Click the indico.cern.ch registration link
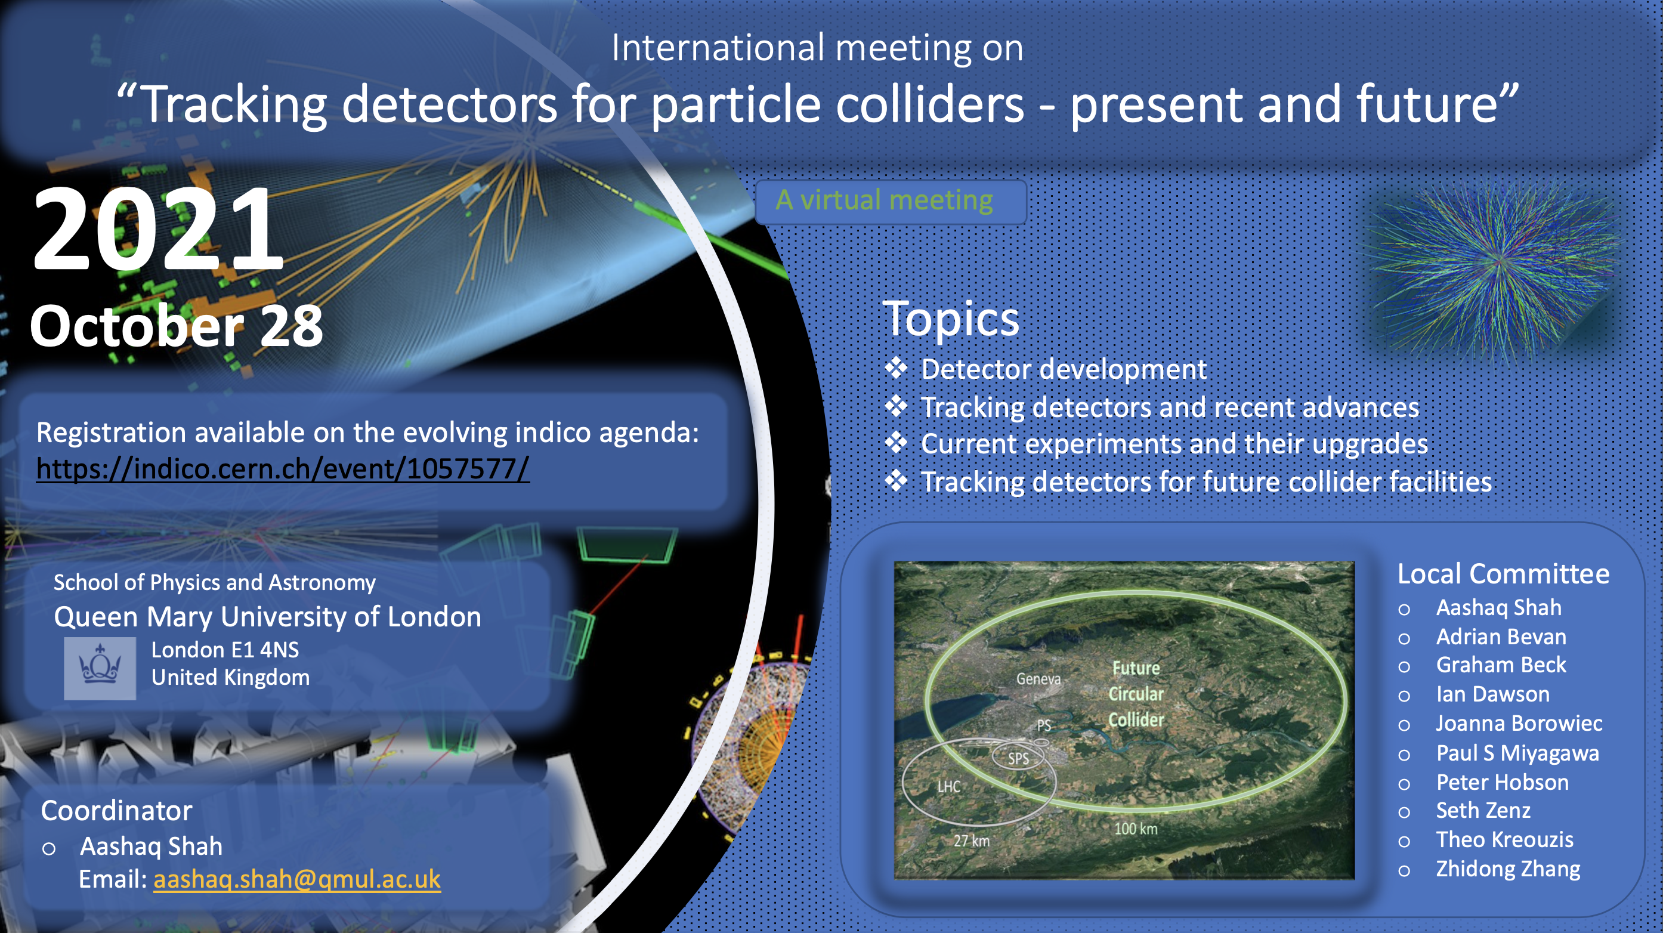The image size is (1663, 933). point(283,469)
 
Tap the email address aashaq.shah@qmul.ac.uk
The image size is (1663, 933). point(297,879)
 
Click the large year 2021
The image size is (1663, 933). point(159,229)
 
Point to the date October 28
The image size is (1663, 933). point(176,327)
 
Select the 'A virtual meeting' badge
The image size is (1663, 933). point(891,202)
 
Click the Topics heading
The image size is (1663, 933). point(950,319)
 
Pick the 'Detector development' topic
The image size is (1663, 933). point(1064,369)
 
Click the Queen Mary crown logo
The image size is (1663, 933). point(100,668)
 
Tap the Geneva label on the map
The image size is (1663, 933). point(1038,679)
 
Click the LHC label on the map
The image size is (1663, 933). point(949,786)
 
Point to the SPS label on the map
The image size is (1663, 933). point(1019,759)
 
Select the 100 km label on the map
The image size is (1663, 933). point(1136,829)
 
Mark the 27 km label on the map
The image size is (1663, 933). point(972,841)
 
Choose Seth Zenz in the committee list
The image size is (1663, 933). point(1483,810)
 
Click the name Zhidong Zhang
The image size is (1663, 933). point(1508,869)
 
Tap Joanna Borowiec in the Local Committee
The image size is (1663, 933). point(1519,723)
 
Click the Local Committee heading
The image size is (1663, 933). point(1504,574)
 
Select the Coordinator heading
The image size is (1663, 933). point(117,811)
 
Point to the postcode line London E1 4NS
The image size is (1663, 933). point(225,650)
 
